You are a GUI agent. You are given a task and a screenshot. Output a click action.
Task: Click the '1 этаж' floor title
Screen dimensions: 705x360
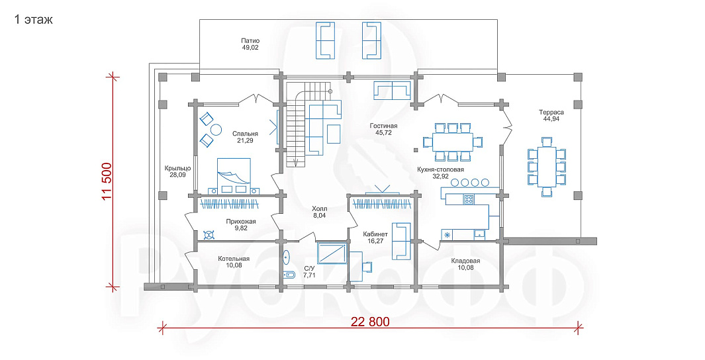(x=34, y=19)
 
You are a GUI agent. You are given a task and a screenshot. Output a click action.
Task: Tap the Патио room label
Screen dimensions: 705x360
(x=250, y=40)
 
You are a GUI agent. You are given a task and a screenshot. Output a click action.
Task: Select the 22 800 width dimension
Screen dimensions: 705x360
(x=371, y=322)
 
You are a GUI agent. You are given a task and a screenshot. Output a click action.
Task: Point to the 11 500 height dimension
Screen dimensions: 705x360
(x=107, y=181)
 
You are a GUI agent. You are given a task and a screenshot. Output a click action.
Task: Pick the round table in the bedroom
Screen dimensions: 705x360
(x=216, y=130)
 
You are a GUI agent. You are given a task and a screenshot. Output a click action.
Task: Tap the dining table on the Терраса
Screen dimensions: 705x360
(x=547, y=166)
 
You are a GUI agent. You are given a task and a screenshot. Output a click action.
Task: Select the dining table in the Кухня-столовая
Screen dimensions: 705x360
(x=452, y=142)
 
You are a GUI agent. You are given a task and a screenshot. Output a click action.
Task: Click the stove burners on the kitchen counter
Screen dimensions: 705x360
(x=469, y=199)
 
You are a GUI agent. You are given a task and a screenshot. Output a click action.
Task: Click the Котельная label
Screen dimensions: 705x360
(x=234, y=259)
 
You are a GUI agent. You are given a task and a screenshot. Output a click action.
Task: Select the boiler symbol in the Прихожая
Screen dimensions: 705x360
(x=209, y=234)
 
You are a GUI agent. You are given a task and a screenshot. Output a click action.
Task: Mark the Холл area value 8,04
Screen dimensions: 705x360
(x=319, y=216)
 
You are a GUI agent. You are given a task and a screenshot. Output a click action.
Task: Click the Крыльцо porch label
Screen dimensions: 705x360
(x=177, y=169)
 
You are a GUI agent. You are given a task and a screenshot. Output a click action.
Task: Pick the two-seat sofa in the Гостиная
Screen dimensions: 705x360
(x=392, y=91)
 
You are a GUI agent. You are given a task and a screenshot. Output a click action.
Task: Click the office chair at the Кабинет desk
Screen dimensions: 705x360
(x=368, y=267)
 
